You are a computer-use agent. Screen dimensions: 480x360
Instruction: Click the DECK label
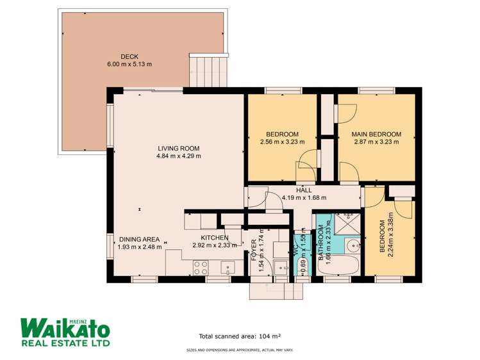(x=129, y=56)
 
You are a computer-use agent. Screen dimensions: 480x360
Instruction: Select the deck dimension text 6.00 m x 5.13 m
(x=129, y=64)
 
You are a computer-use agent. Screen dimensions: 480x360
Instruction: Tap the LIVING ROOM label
(x=178, y=149)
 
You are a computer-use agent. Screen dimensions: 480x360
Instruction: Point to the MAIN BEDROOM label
(x=376, y=134)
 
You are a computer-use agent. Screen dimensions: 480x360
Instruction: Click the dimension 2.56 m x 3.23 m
(x=282, y=142)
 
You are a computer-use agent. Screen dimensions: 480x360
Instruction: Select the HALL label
(x=304, y=190)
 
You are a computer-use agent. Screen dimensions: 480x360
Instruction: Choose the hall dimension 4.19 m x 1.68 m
(x=304, y=197)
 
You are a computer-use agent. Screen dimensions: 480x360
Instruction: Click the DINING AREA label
(x=139, y=239)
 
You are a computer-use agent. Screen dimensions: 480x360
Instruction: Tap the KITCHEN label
(x=214, y=238)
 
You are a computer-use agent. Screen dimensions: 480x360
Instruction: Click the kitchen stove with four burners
(x=201, y=267)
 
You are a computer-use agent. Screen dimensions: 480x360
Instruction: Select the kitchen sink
(x=228, y=268)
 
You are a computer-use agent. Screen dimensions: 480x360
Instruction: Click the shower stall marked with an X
(x=347, y=224)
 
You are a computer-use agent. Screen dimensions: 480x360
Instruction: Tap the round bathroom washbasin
(x=354, y=245)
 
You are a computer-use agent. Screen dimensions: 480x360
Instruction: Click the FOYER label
(x=254, y=250)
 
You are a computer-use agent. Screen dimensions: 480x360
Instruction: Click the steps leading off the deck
(x=208, y=70)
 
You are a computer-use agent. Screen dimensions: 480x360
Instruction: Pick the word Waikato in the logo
(x=65, y=329)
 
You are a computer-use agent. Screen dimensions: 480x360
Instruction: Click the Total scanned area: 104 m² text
(x=240, y=336)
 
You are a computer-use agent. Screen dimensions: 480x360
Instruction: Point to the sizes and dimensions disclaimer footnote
(x=240, y=350)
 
